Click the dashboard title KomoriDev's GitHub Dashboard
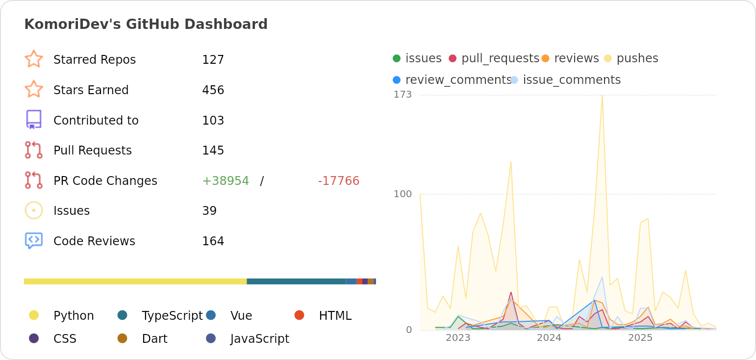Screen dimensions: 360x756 [x=146, y=24]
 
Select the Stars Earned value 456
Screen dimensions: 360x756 [x=213, y=90]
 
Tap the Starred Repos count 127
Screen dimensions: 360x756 [x=213, y=60]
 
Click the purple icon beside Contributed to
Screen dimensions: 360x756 [x=34, y=120]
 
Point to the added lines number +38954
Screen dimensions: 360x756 [x=226, y=181]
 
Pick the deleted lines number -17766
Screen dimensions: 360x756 [x=338, y=181]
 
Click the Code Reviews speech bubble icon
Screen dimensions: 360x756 [x=34, y=240]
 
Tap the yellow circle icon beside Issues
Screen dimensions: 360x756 [x=34, y=210]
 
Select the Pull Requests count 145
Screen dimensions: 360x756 [x=213, y=151]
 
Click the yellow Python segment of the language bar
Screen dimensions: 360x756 [x=135, y=282]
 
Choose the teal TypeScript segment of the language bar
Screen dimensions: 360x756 [x=296, y=282]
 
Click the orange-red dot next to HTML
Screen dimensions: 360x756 [x=299, y=315]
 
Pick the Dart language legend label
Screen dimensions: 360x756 [x=154, y=339]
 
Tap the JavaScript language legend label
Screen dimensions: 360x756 [x=259, y=339]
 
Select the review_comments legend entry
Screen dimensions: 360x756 [x=458, y=80]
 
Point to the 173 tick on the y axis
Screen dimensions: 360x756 [x=403, y=95]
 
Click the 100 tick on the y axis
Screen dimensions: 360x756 [x=403, y=194]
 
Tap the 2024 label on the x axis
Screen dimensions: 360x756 [x=549, y=338]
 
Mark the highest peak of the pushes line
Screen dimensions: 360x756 [x=602, y=95]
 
